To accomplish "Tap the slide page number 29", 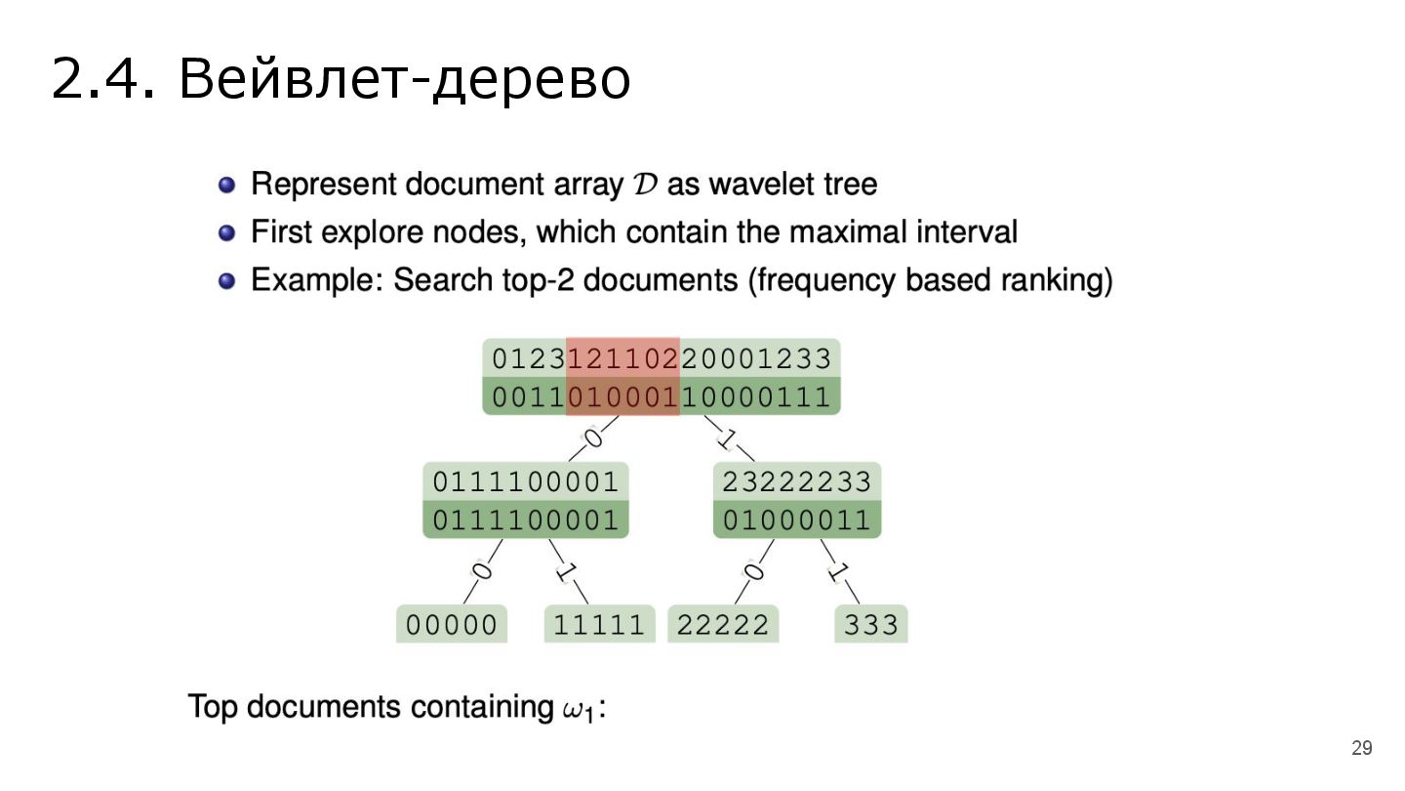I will click(x=1361, y=748).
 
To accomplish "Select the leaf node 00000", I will click(x=452, y=625).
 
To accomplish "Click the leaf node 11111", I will click(x=599, y=625).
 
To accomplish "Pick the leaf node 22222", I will click(x=723, y=625).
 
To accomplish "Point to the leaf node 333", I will click(x=870, y=625).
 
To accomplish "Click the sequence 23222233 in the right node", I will click(x=796, y=481).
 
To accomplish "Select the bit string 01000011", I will click(x=796, y=519).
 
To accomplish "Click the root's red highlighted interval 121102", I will click(x=622, y=358).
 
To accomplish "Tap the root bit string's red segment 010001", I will click(x=622, y=395).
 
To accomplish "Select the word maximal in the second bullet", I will click(x=849, y=232).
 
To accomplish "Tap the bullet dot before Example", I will click(x=227, y=281).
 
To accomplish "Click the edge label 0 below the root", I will click(x=592, y=437).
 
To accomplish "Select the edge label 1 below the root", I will click(x=726, y=437).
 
